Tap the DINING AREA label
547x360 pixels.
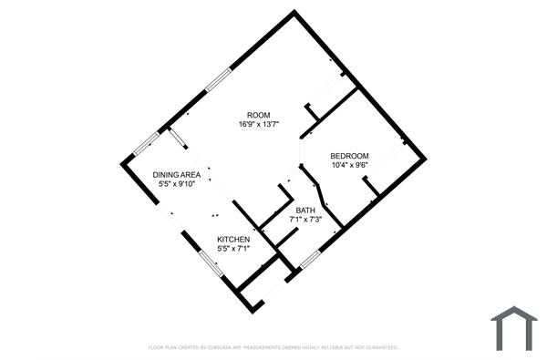[177, 174]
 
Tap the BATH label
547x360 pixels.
[304, 211]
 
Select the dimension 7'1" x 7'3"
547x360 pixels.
[304, 220]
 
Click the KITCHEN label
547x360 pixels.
[233, 239]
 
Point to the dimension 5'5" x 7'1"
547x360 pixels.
[233, 248]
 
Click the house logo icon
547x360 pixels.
[514, 327]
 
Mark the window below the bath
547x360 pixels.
[309, 261]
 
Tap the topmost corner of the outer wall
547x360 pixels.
[294, 12]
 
